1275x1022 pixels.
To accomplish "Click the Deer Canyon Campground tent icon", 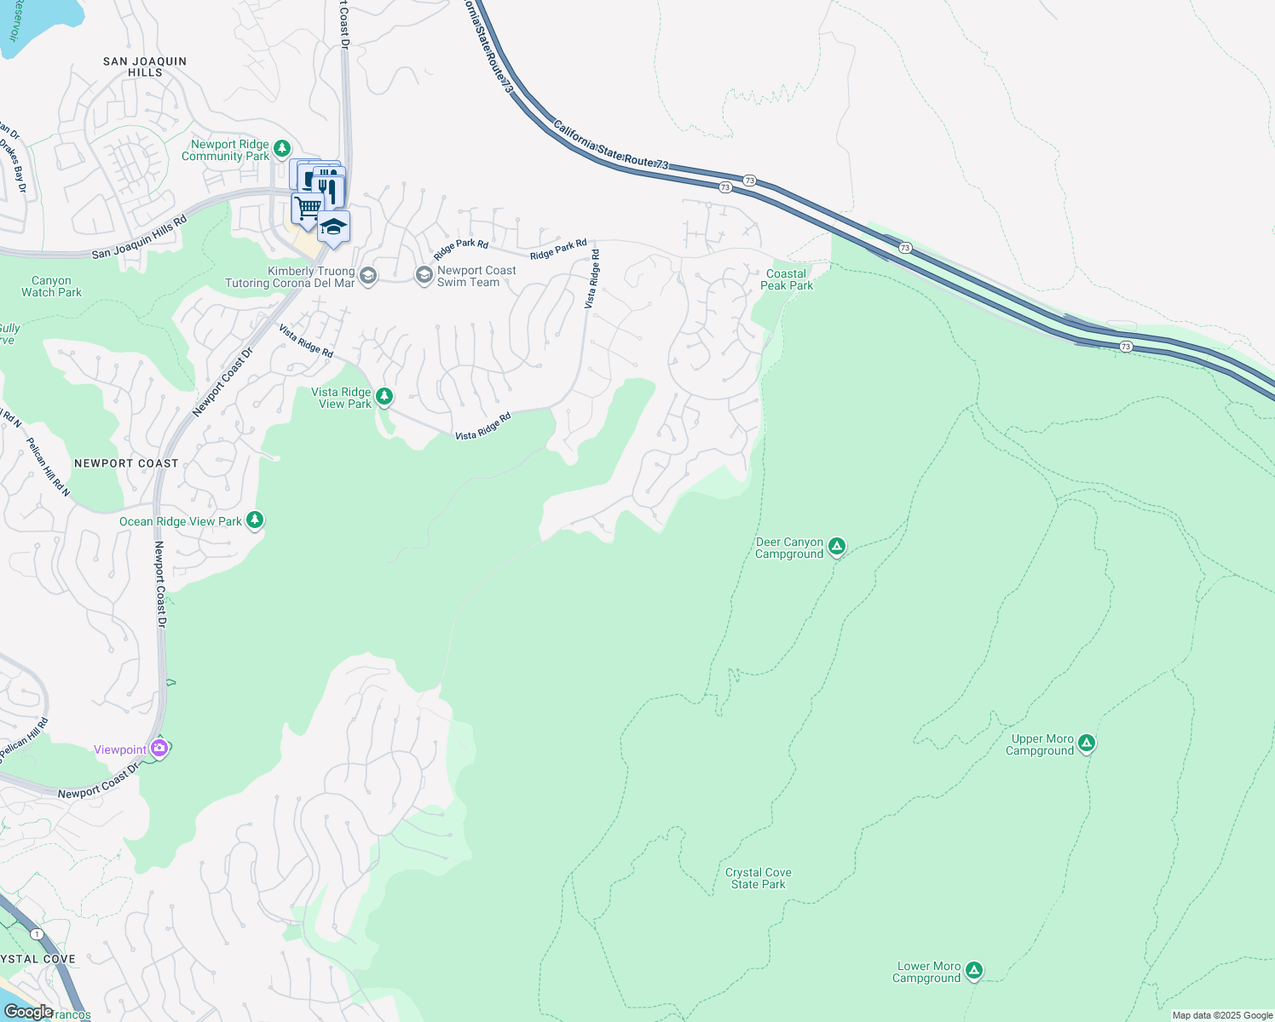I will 837,547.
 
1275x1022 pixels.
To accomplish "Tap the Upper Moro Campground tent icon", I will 1086,744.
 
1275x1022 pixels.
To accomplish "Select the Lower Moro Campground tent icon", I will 974,970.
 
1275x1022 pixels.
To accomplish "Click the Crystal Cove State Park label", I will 759,878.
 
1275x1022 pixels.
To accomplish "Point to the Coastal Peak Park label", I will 786,279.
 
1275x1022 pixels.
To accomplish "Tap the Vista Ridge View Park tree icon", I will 384,396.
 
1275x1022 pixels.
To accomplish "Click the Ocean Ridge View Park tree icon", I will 254,520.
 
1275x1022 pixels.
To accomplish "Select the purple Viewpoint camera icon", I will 159,749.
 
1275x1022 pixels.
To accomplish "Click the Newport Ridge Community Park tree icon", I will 282,149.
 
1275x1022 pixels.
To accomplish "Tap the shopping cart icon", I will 307,207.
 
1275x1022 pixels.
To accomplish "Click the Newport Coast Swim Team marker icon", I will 424,275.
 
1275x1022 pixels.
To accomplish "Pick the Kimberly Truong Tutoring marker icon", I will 367,275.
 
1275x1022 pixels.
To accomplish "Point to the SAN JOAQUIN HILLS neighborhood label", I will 145,66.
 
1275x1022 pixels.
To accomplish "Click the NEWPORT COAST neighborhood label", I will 126,463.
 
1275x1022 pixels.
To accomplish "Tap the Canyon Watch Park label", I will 51,286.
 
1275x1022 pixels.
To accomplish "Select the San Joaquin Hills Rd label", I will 139,238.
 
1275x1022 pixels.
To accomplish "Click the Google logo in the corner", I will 28,1012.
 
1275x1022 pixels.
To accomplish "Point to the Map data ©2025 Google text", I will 1222,1015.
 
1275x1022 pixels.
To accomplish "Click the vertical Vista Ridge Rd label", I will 591,279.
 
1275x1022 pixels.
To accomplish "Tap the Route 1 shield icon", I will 37,934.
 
